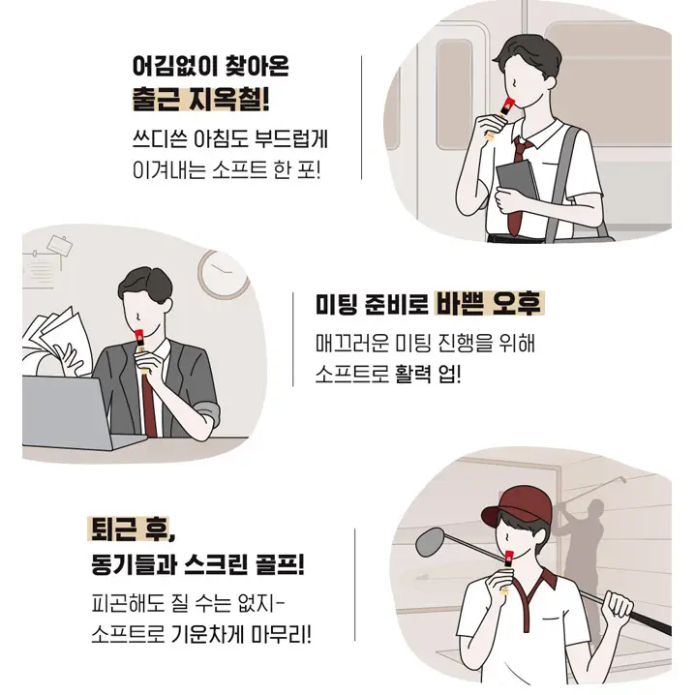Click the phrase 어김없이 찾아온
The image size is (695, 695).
pyautogui.click(x=210, y=68)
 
